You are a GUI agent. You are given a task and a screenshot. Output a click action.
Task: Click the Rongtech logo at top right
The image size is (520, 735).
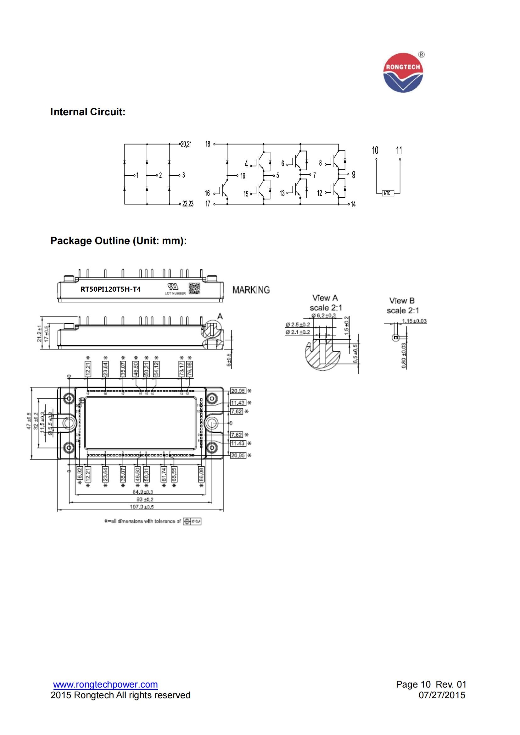[403, 73]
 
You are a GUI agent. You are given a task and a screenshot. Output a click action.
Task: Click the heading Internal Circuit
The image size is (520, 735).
[88, 112]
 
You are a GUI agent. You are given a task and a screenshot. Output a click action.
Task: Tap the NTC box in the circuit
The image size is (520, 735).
[387, 193]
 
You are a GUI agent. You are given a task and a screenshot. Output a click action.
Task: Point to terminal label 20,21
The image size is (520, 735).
[186, 144]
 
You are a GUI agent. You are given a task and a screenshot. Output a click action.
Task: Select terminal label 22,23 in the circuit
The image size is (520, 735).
[188, 204]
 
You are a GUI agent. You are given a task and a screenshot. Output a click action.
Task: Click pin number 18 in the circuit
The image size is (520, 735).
[208, 144]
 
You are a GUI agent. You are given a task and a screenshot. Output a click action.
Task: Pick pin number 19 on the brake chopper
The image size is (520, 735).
[243, 176]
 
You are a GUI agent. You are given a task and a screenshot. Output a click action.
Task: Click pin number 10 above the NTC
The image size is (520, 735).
[375, 150]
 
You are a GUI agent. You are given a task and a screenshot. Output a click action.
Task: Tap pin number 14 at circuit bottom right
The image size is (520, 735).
[353, 204]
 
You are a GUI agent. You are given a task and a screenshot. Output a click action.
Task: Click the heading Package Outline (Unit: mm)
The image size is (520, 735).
[119, 241]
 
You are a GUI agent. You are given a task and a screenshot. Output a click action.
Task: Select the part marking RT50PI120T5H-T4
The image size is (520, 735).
[110, 289]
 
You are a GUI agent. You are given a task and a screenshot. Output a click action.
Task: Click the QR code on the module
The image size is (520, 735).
[194, 288]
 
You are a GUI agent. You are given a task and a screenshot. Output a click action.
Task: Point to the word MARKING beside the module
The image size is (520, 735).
[251, 290]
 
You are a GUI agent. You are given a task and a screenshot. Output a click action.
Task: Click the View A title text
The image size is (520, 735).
[325, 298]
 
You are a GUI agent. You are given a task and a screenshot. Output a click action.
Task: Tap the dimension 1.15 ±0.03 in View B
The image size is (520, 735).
[414, 321]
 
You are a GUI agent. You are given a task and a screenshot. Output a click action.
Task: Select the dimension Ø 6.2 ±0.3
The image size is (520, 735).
[324, 315]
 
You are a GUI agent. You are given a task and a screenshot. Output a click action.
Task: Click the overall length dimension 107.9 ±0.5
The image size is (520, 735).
[142, 507]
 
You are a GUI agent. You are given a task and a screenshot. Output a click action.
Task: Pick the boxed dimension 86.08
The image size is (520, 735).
[201, 474]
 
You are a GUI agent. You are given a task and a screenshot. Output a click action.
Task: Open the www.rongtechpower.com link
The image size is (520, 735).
[105, 684]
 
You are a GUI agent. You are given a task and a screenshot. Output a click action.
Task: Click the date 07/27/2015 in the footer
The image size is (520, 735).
[442, 695]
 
